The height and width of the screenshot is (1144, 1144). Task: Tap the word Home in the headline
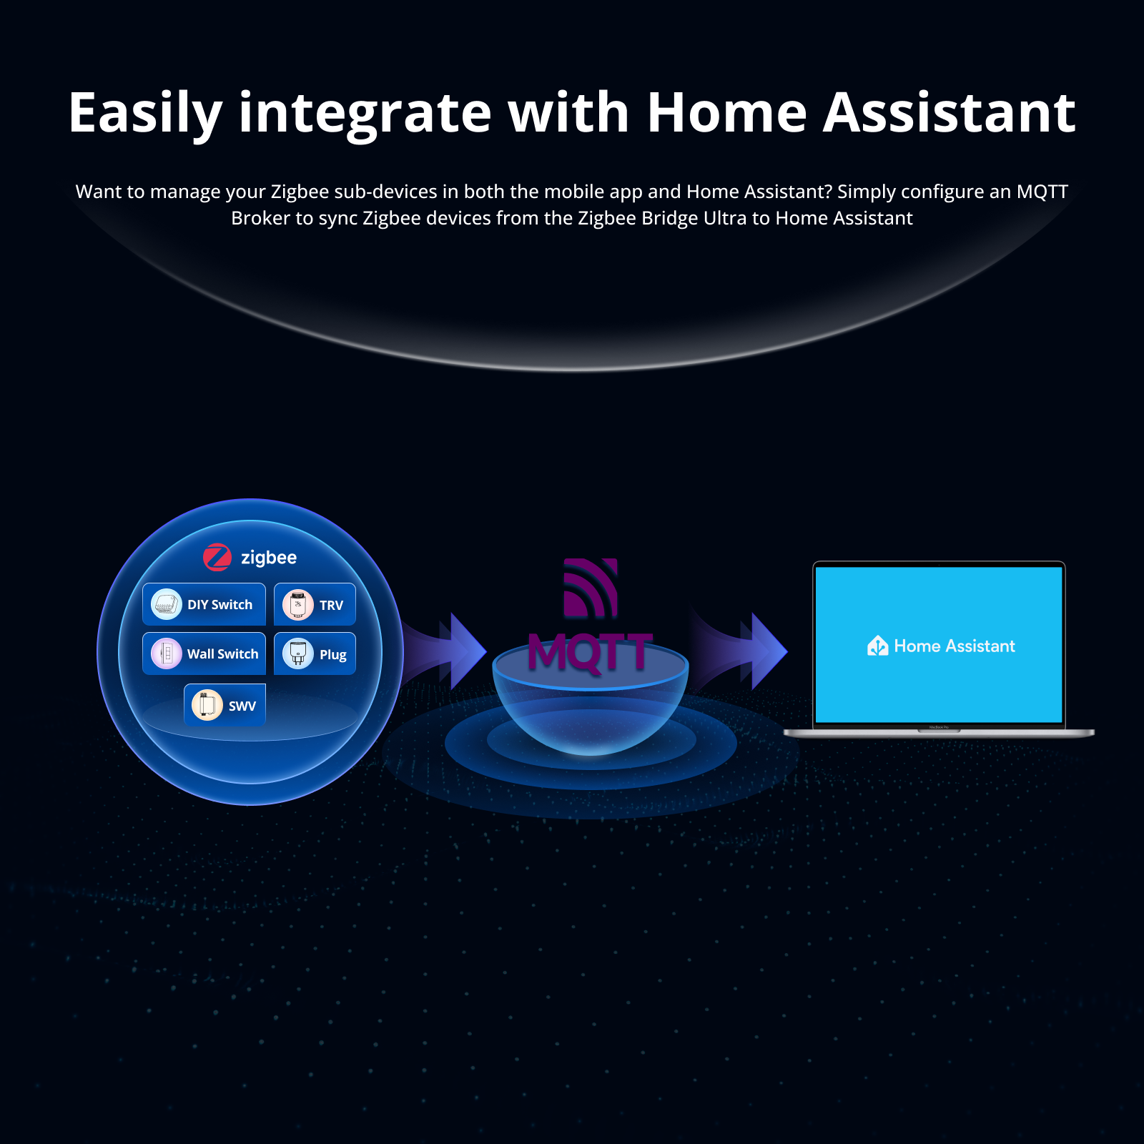tap(726, 113)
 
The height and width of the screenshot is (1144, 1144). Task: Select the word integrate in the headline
tap(365, 113)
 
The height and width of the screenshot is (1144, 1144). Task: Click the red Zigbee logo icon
tap(217, 558)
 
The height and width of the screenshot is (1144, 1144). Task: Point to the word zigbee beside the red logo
tap(269, 558)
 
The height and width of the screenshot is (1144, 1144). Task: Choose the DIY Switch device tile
tap(204, 604)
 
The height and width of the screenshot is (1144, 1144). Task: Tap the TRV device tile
tap(315, 605)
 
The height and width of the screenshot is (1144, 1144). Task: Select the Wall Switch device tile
tap(204, 654)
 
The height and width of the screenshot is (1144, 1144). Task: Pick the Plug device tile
tap(315, 654)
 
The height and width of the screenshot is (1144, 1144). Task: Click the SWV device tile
tap(225, 705)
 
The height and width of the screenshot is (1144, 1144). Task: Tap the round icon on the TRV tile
tap(297, 605)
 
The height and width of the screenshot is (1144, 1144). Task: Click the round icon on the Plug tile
tap(297, 654)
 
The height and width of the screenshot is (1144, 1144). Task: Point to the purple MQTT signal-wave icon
tap(591, 588)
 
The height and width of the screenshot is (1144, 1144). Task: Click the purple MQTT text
tap(590, 652)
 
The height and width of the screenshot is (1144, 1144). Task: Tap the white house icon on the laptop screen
tap(877, 646)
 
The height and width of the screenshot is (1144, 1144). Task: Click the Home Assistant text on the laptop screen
tap(954, 646)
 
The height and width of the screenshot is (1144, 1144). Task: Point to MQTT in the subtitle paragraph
tap(1042, 192)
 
